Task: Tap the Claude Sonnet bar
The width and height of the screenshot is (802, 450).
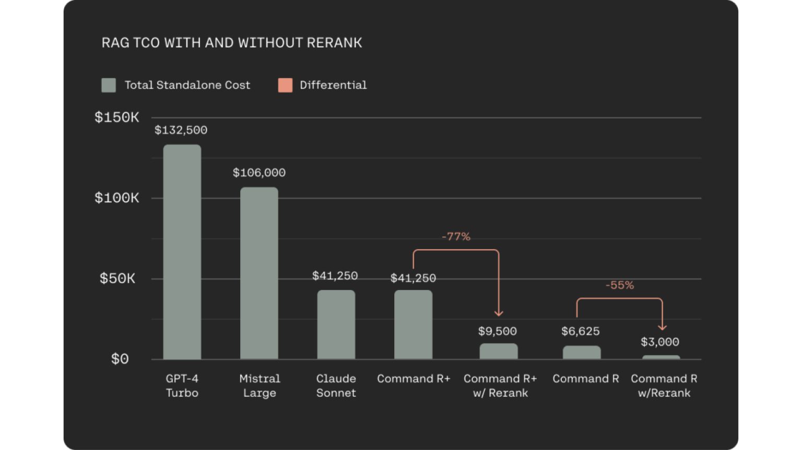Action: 336,324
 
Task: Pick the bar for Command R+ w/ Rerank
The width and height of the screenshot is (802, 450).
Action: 498,351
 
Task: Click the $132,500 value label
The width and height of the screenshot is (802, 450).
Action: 181,130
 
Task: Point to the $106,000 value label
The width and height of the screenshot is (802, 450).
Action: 259,173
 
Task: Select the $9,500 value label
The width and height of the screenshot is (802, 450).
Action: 497,331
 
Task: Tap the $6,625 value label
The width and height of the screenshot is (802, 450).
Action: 580,331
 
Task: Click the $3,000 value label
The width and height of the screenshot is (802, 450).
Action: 659,342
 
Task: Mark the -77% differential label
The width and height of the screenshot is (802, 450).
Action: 456,237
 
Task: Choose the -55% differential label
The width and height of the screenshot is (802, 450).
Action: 619,285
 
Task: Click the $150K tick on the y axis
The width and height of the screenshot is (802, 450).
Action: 116,117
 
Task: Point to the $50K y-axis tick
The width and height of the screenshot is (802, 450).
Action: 117,278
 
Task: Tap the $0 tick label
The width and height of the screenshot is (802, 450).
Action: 120,359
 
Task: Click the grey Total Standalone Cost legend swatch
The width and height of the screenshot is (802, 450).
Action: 109,85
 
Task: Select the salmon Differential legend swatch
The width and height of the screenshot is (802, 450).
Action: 285,85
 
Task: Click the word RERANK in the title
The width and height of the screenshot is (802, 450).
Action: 334,43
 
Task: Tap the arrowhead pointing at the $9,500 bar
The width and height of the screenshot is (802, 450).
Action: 499,313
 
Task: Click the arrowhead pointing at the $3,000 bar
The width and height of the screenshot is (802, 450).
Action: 662,327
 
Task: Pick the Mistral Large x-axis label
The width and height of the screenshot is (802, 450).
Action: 260,386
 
